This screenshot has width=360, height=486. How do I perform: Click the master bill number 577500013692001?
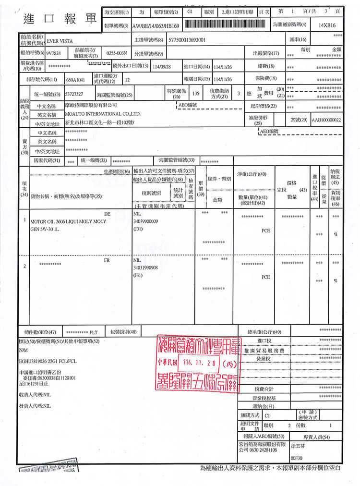click(x=187, y=39)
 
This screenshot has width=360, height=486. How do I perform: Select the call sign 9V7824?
click(x=55, y=52)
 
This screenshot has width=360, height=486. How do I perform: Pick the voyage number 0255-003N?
click(x=116, y=52)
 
